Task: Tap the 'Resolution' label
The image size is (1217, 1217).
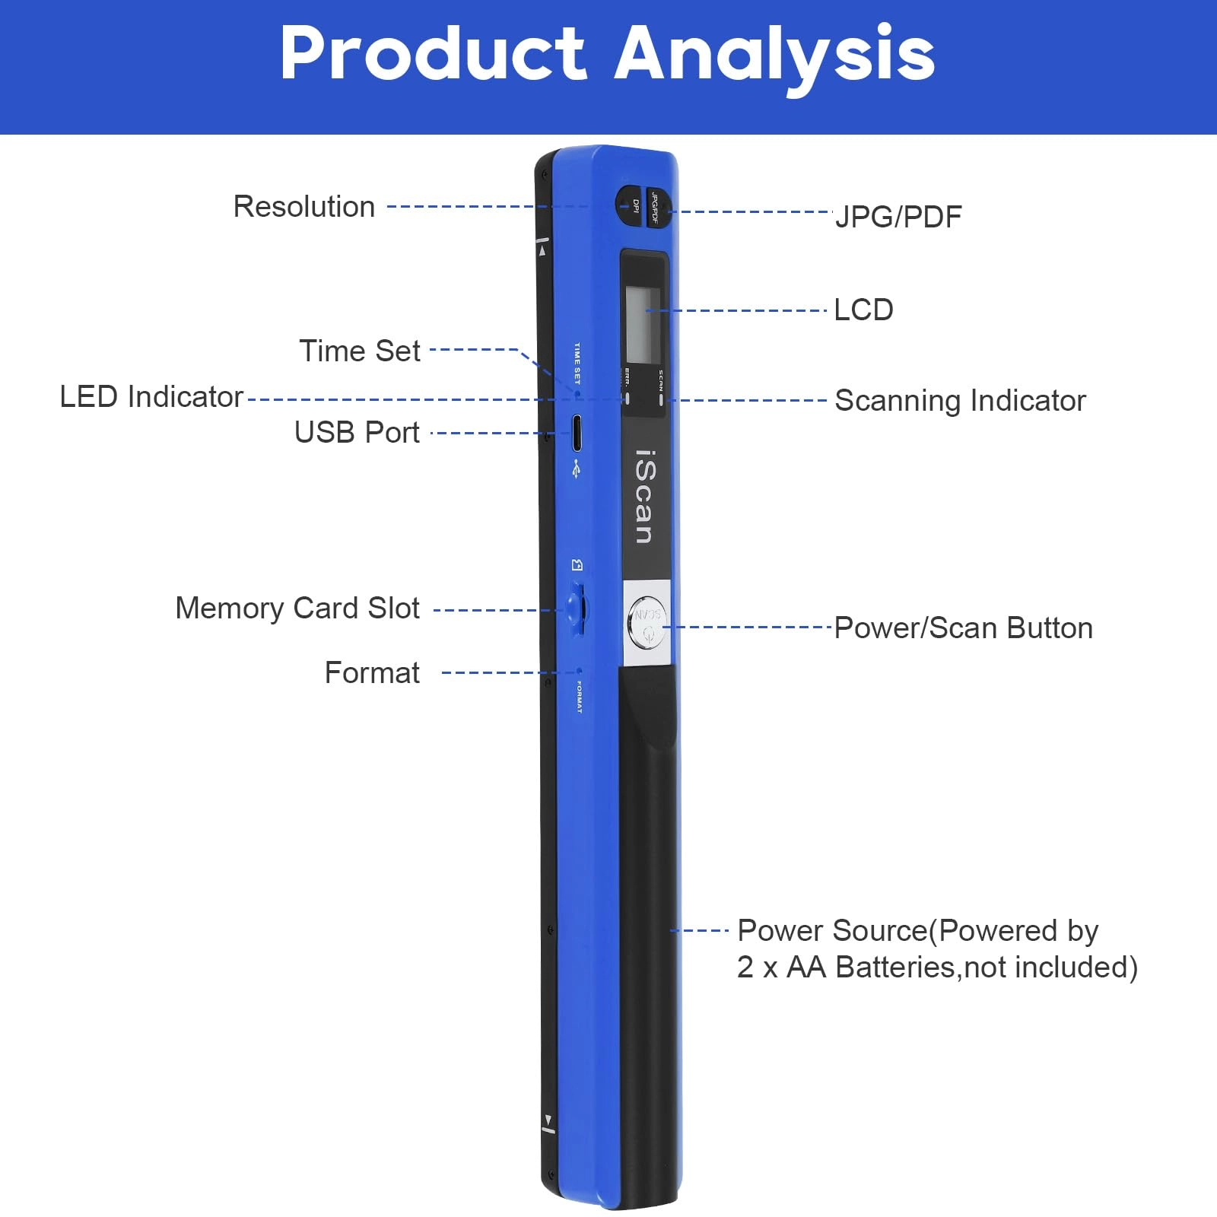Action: pyautogui.click(x=303, y=207)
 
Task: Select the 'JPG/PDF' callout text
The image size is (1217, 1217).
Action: pyautogui.click(x=898, y=217)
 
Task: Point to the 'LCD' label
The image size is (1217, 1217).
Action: pyautogui.click(x=863, y=310)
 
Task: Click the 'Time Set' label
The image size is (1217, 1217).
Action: pyautogui.click(x=359, y=351)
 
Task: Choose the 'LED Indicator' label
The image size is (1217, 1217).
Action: pyautogui.click(x=151, y=397)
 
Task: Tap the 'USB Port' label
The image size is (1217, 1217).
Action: pyautogui.click(x=357, y=432)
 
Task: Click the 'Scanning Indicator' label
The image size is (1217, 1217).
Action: pyautogui.click(x=960, y=401)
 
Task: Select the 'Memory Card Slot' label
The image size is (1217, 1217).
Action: pyautogui.click(x=297, y=608)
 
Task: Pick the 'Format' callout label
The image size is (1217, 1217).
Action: pyautogui.click(x=372, y=673)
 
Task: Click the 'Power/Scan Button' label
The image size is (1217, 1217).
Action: pyautogui.click(x=963, y=628)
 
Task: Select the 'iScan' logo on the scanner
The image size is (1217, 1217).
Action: pyautogui.click(x=643, y=497)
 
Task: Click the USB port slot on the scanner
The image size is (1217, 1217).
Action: pyautogui.click(x=577, y=433)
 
